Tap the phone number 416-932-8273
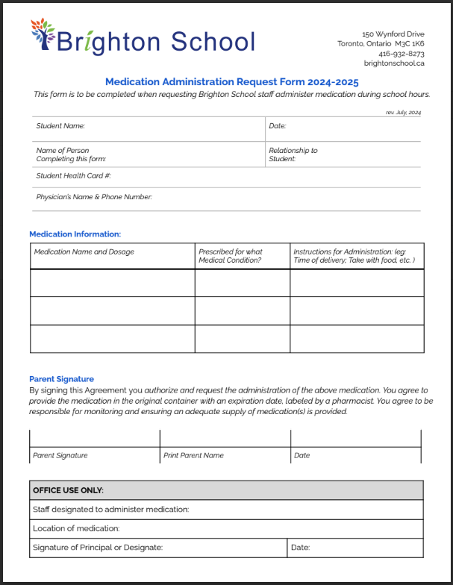(401, 54)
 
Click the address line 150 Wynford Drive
(393, 34)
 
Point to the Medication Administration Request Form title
(231, 82)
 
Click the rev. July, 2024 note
(403, 112)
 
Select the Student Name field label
(60, 126)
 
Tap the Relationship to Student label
(293, 154)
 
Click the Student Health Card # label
(73, 176)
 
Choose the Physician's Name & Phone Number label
(94, 197)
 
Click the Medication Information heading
(75, 234)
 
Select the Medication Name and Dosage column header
(84, 252)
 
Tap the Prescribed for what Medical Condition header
(231, 256)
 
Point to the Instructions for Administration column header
(354, 256)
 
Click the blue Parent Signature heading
(61, 379)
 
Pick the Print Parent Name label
(193, 455)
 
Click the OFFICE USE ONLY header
(68, 490)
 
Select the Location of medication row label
(76, 528)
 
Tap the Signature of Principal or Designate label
(98, 548)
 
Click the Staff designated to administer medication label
(110, 510)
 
